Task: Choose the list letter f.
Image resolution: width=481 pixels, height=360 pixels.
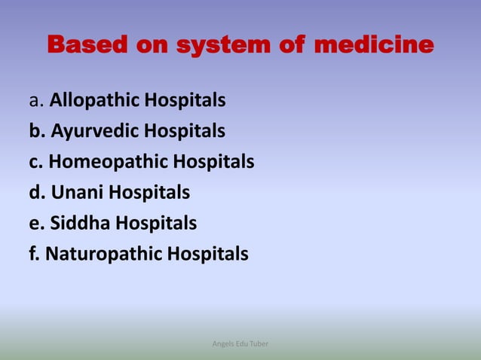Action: click(34, 255)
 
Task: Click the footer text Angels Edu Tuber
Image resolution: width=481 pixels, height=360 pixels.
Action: click(240, 344)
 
